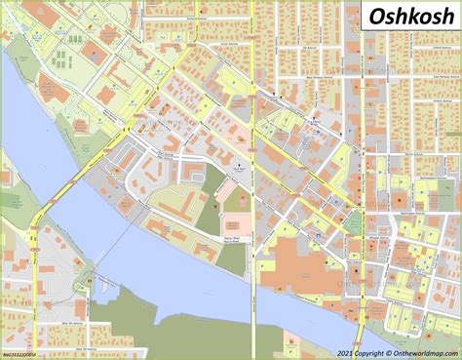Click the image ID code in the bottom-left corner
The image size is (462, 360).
point(22,354)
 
